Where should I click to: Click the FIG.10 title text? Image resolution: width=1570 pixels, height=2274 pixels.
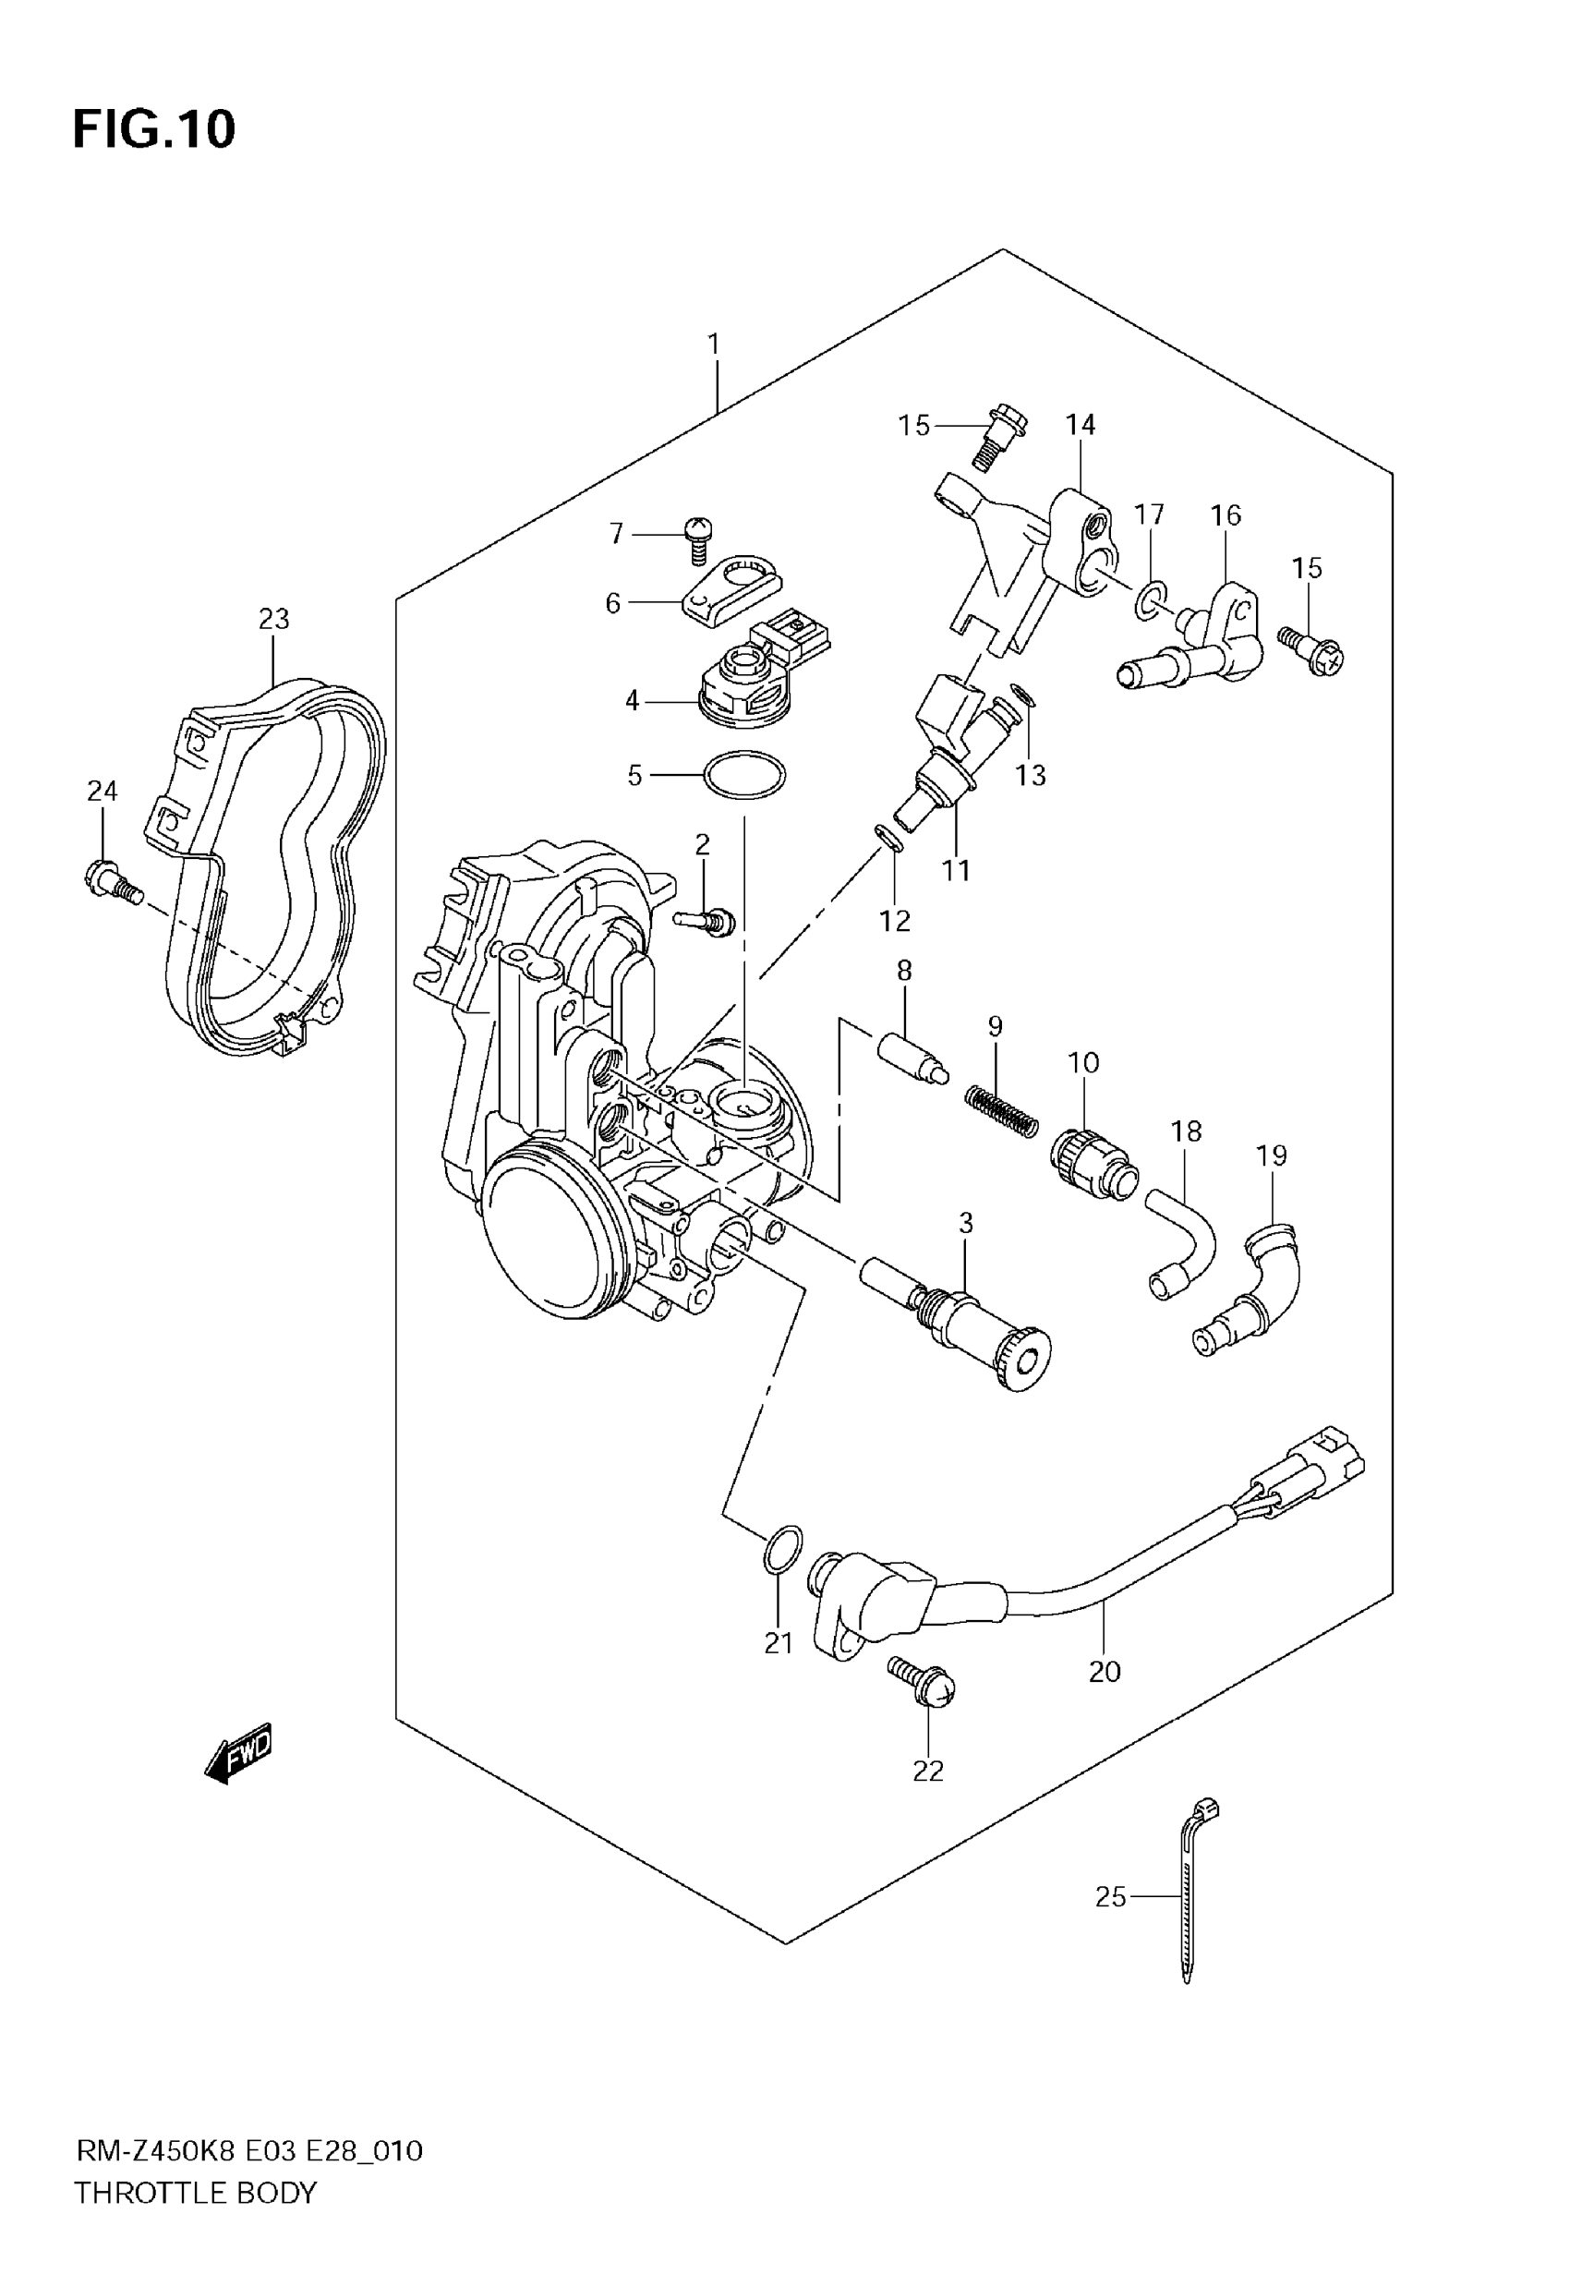(154, 128)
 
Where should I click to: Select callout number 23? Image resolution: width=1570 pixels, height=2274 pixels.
(274, 619)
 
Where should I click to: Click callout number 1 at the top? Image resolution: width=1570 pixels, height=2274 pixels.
(713, 345)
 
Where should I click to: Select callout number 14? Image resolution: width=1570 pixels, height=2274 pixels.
(1081, 425)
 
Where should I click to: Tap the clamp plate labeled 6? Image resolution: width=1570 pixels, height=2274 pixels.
(730, 588)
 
